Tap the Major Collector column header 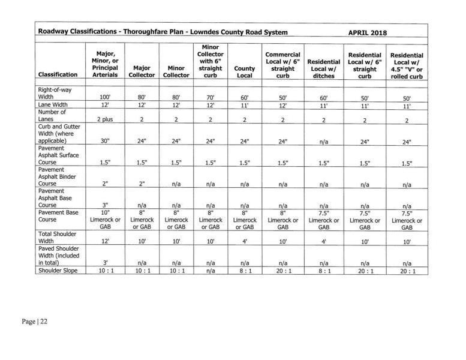point(142,72)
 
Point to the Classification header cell point(58,75)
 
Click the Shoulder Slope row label point(59,271)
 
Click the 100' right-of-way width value point(106,97)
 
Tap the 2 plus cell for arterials point(106,120)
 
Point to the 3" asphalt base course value point(106,205)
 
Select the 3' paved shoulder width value point(106,262)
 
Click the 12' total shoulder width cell point(106,241)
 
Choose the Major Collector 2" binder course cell point(142,184)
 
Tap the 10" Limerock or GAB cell point(106,220)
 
